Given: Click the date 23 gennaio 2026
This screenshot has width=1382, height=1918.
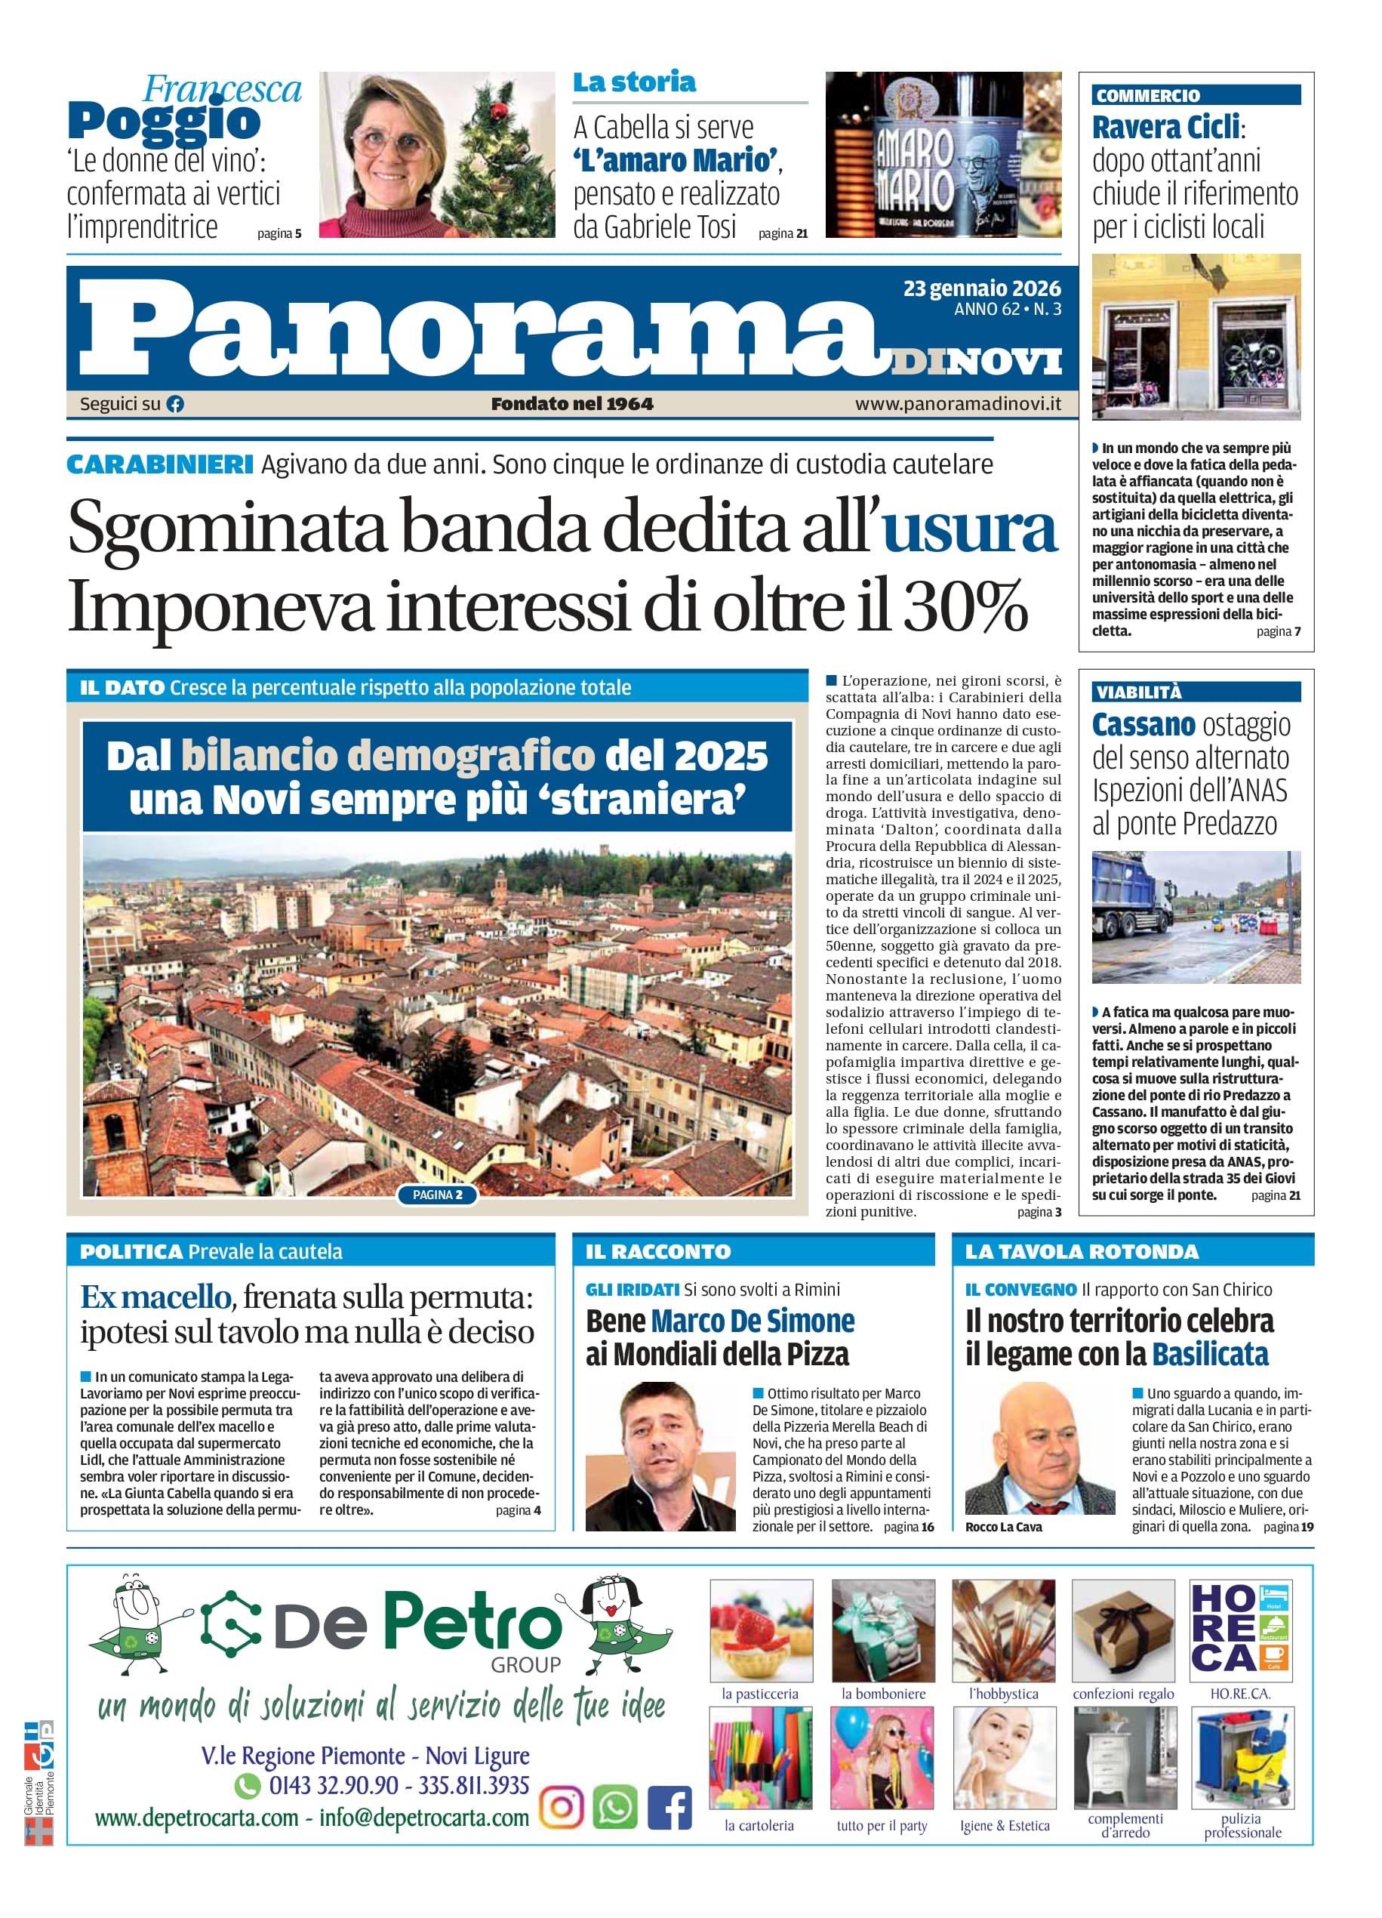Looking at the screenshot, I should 981,288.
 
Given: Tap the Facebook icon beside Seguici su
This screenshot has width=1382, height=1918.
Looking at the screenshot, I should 175,404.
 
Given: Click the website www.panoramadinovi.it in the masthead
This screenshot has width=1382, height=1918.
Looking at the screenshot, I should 958,404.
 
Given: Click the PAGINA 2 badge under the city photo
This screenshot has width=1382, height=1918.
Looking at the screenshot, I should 437,1195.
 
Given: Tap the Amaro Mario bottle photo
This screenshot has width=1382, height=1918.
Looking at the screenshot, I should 943,155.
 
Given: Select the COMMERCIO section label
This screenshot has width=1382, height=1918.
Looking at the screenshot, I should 1147,96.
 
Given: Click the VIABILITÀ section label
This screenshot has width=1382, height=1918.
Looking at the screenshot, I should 1137,692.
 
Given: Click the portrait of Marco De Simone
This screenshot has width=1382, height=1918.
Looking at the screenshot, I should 660,1457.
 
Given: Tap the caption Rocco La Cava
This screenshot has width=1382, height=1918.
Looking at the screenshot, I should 1003,1526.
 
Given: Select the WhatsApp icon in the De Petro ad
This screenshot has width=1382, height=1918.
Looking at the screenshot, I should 614,1808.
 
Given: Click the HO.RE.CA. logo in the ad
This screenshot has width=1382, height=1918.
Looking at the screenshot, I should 1240,1630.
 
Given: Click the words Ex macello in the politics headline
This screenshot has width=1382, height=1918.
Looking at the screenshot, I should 155,1297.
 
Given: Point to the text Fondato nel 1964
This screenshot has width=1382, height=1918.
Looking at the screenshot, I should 572,404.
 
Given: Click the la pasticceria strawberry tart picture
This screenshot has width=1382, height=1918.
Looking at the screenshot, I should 761,1630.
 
